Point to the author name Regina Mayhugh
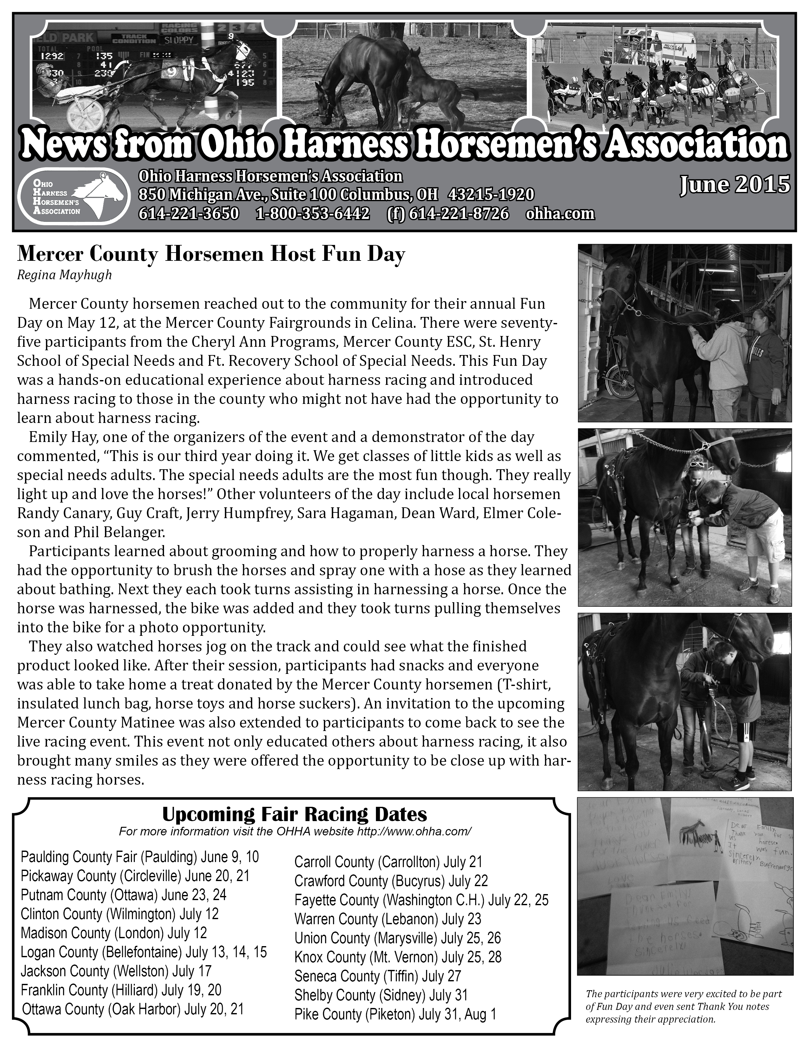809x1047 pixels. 64,275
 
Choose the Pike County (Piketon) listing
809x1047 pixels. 395,1014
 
